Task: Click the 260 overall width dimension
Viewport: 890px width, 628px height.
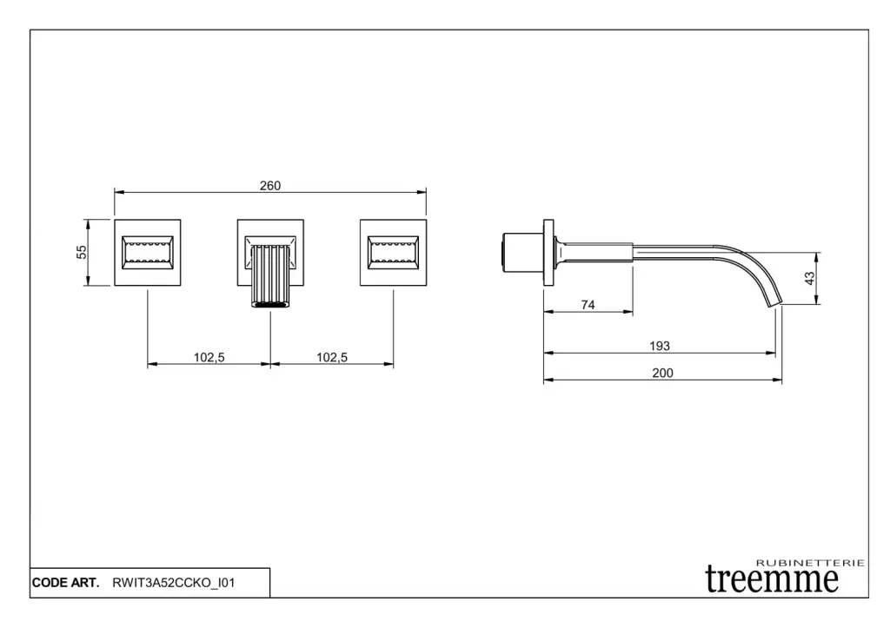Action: click(270, 185)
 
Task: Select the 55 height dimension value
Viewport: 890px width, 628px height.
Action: click(82, 252)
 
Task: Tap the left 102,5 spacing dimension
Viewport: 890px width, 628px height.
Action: click(209, 357)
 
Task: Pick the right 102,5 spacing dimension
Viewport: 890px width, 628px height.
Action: click(332, 357)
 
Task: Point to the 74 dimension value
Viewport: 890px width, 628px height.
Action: click(588, 305)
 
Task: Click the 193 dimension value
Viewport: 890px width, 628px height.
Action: click(660, 346)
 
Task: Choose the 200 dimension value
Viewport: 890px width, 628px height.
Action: click(662, 373)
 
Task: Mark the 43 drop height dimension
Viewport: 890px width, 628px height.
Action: click(809, 278)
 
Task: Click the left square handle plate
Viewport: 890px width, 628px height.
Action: click(148, 252)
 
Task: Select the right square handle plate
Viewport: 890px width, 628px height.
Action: click(393, 252)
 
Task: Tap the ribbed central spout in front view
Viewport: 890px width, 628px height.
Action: click(270, 276)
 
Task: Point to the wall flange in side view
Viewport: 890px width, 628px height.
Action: click(548, 252)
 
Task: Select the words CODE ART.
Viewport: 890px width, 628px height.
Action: click(65, 583)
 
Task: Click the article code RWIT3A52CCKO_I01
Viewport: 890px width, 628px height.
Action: click(174, 583)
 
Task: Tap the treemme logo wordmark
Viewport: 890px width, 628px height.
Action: click(772, 578)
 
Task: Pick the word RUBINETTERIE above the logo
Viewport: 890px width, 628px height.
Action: click(811, 563)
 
